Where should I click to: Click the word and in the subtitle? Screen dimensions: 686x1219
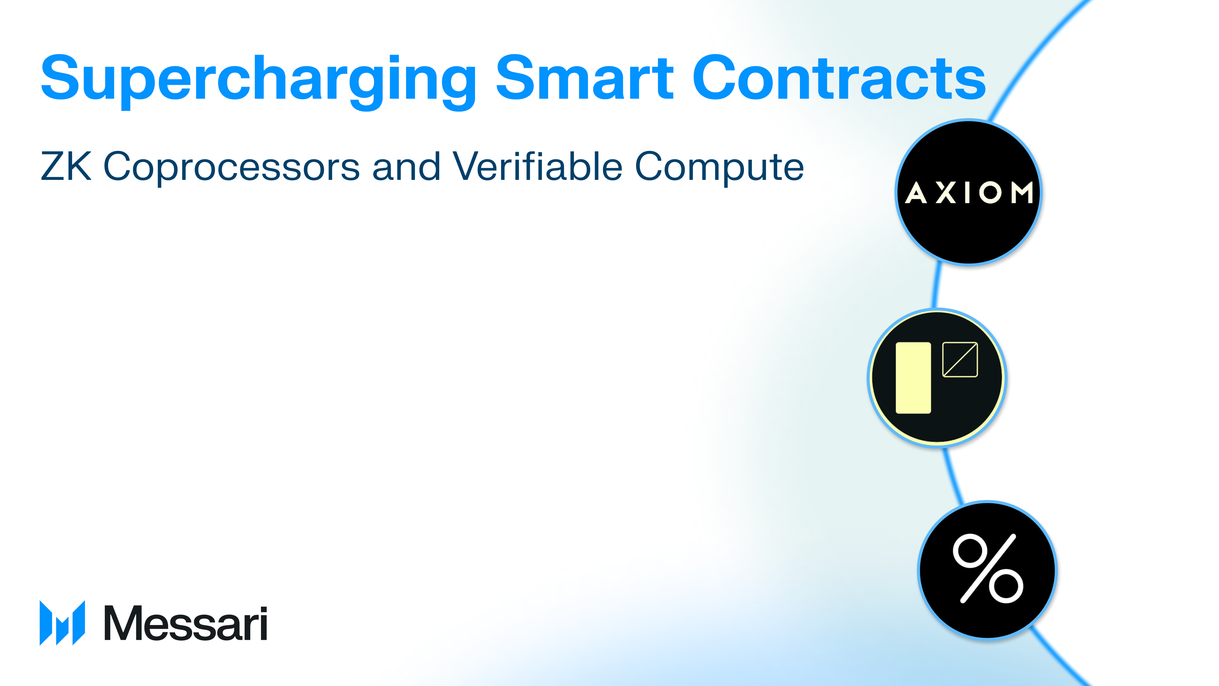coord(406,166)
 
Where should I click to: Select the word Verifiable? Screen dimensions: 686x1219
coord(537,166)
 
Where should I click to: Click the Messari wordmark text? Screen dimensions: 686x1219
coord(185,623)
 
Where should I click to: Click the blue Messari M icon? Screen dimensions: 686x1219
coord(62,623)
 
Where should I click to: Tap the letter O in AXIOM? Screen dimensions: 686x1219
coord(990,193)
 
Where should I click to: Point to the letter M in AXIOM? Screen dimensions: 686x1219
coord(1022,193)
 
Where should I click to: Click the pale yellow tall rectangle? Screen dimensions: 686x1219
coord(913,378)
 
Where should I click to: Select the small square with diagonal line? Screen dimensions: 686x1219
coord(960,360)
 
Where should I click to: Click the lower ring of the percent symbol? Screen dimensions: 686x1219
coord(1006,586)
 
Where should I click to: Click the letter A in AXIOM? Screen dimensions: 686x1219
coord(916,193)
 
